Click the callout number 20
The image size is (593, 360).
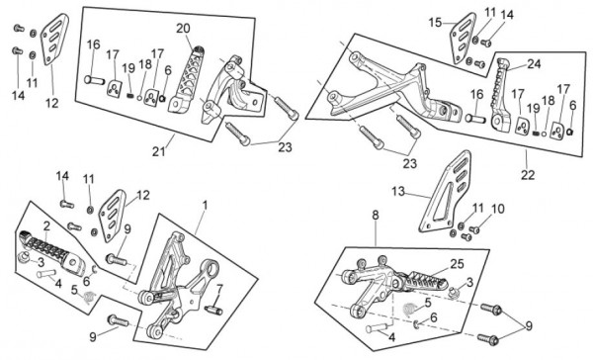(184, 29)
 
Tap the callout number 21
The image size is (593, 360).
(159, 151)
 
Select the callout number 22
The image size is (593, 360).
(528, 175)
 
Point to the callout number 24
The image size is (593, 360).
(534, 64)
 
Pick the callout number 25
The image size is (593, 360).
(457, 263)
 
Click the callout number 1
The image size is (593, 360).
(205, 206)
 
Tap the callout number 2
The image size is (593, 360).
(46, 226)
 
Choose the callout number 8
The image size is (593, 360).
(376, 215)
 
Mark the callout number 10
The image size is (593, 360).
(498, 209)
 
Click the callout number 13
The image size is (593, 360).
(398, 192)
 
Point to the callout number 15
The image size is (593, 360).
(435, 23)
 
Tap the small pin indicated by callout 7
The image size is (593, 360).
(213, 310)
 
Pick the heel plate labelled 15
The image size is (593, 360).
(464, 38)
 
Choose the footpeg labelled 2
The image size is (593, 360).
(51, 252)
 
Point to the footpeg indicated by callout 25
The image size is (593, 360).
(425, 281)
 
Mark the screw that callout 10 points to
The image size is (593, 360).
(474, 229)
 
